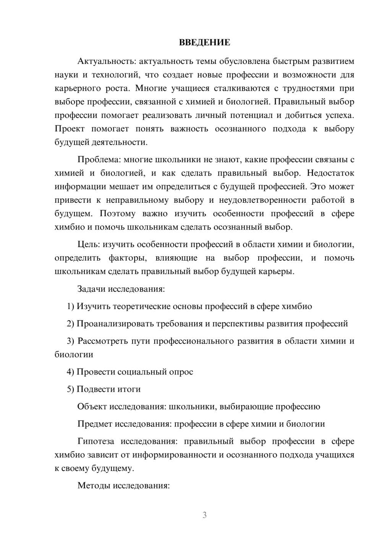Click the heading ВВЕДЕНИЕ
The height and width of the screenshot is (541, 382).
pyautogui.click(x=204, y=42)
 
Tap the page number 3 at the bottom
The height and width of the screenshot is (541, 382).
pyautogui.click(x=204, y=515)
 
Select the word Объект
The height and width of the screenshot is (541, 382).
pyautogui.click(x=92, y=406)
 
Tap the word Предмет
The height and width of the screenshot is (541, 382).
pyautogui.click(x=94, y=424)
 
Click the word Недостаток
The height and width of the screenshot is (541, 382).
pyautogui.click(x=330, y=173)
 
